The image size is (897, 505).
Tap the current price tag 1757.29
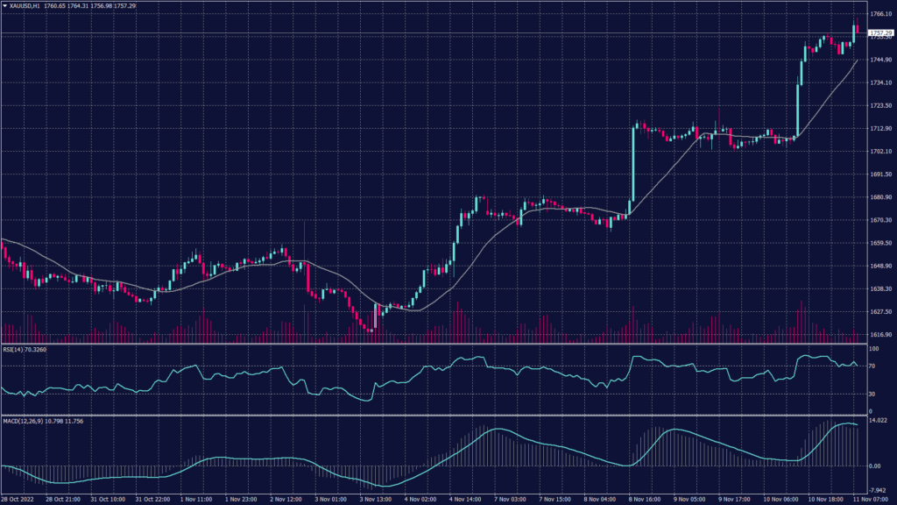point(879,32)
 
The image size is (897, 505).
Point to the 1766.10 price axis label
point(879,14)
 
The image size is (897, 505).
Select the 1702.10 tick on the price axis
point(879,152)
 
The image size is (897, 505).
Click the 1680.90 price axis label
point(879,197)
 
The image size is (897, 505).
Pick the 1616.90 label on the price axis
point(879,335)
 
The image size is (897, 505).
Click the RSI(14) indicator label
point(12,350)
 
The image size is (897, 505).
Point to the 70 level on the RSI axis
point(871,366)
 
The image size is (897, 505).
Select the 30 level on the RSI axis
point(871,394)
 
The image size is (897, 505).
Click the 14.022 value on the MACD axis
point(877,422)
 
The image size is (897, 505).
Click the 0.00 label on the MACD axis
point(874,466)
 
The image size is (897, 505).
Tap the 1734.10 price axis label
point(879,82)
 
